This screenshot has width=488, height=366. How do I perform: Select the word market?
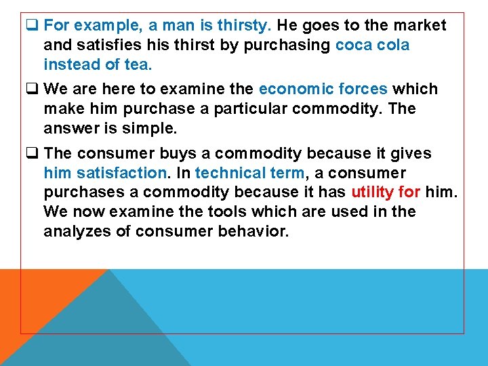point(421,26)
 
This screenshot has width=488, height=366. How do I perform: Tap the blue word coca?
point(354,45)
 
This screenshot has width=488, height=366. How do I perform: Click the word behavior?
point(254,231)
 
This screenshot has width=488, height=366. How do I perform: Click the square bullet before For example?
point(31,26)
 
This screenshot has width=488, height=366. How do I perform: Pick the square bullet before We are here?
point(31,89)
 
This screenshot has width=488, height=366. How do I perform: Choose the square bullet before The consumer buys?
point(31,153)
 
